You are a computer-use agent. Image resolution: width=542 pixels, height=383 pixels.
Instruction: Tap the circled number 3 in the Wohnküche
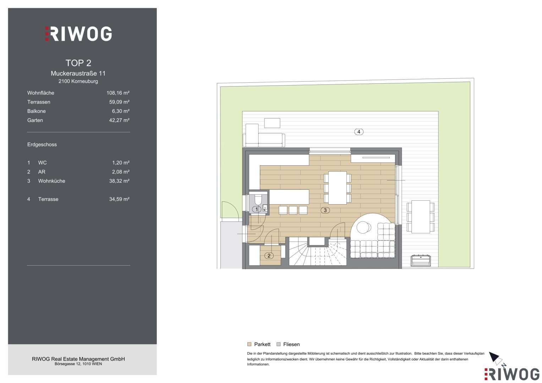[x=325, y=210]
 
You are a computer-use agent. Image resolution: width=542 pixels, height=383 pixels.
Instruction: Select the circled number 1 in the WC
[x=257, y=209]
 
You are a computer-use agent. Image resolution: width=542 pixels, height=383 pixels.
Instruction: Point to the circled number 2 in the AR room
[x=269, y=256]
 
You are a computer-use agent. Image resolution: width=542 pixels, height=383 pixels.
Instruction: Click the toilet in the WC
[x=258, y=199]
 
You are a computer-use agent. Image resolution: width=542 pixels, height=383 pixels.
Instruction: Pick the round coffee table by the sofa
[x=363, y=227]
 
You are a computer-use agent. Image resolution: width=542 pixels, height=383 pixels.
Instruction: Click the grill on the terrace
[x=421, y=260]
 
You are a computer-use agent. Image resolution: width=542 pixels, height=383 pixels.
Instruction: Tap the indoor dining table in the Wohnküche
[x=338, y=188]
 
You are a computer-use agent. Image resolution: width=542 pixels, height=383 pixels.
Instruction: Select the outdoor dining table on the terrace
[x=421, y=217]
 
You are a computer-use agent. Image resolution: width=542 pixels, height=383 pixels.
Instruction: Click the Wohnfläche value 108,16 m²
[x=118, y=93]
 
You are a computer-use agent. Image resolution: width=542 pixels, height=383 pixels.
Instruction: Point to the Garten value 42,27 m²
[x=119, y=120]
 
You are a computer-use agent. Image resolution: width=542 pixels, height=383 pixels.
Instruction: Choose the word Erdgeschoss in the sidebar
[x=42, y=145]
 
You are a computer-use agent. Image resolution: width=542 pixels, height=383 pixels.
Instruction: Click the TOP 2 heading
[x=78, y=63]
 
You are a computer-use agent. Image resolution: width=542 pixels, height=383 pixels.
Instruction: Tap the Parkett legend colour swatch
[x=249, y=344]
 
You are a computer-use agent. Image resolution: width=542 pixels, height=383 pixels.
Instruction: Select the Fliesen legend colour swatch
[x=279, y=344]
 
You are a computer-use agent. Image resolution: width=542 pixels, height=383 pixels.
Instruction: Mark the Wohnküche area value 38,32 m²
[x=119, y=181]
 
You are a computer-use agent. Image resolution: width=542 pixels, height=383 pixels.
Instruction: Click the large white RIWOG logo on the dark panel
[x=78, y=34]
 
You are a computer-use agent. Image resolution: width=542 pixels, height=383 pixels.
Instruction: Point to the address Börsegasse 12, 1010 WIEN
[x=78, y=364]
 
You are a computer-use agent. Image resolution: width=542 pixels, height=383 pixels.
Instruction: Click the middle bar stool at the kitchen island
[x=293, y=210]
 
